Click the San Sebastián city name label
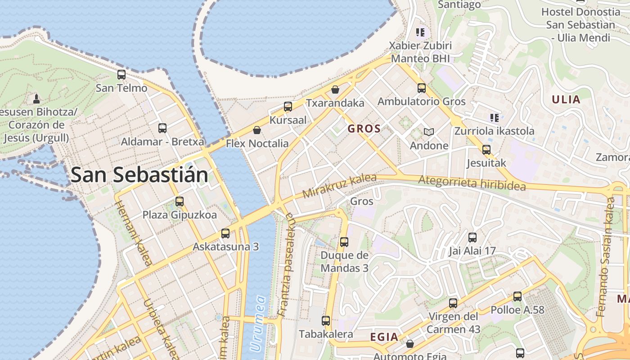pyautogui.click(x=139, y=175)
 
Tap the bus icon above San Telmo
pyautogui.click(x=121, y=75)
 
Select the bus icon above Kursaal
pyautogui.click(x=288, y=107)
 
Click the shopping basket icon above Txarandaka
pyautogui.click(x=335, y=90)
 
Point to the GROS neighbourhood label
pyautogui.click(x=364, y=129)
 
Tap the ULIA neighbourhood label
pyautogui.click(x=566, y=99)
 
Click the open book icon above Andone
pyautogui.click(x=429, y=132)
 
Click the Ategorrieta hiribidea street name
pyautogui.click(x=472, y=183)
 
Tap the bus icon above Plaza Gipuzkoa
pyautogui.click(x=180, y=202)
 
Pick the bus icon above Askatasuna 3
pyautogui.click(x=225, y=234)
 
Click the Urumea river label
pyautogui.click(x=257, y=323)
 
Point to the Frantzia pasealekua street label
pyautogui.click(x=286, y=265)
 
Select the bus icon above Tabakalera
pyautogui.click(x=326, y=321)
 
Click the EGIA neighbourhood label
pyautogui.click(x=384, y=337)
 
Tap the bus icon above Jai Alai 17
pyautogui.click(x=472, y=238)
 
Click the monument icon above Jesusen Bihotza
pyautogui.click(x=36, y=98)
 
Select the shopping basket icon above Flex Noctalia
pyautogui.click(x=257, y=130)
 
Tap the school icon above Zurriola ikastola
pyautogui.click(x=494, y=118)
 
